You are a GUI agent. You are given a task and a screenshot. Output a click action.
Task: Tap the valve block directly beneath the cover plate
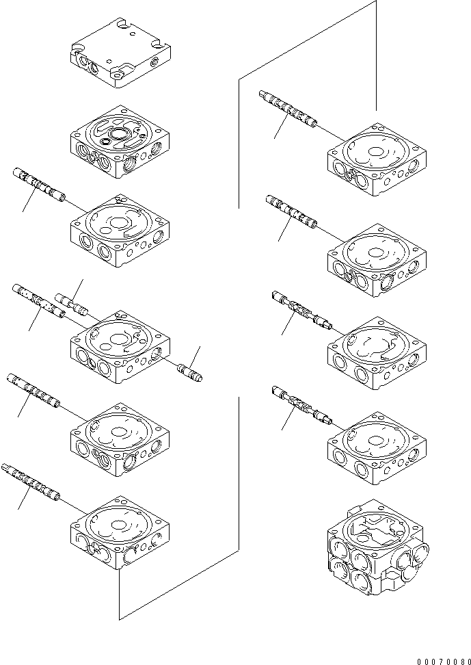click(120, 141)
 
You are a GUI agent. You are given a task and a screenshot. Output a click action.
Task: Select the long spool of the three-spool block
click(38, 302)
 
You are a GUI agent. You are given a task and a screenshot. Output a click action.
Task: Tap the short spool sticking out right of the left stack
click(191, 374)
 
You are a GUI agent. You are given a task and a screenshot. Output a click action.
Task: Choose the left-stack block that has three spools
click(120, 345)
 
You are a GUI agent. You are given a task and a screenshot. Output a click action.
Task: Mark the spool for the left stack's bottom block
click(31, 482)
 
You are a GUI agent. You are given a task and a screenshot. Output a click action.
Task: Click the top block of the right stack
click(377, 159)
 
